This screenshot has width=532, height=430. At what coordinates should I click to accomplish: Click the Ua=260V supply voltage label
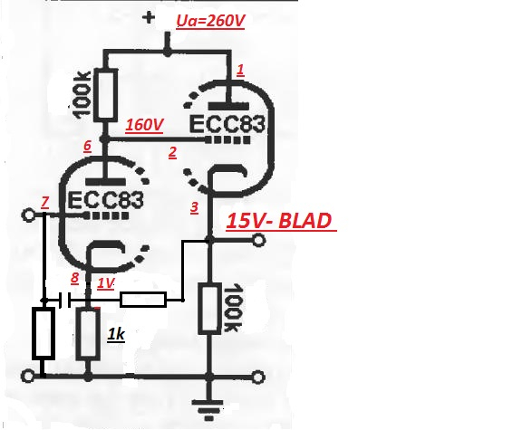point(210,21)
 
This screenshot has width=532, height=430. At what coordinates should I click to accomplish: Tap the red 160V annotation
point(144,125)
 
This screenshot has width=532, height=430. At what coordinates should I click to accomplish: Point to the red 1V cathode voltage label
point(106,283)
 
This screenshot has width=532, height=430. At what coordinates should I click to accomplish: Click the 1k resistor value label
point(116,335)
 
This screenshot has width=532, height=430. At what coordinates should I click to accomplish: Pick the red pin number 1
point(240,71)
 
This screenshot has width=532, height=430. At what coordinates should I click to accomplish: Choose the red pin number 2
point(173,153)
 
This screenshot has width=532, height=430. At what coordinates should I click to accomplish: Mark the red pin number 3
point(194,207)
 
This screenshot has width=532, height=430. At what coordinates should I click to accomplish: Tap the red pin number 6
point(88,147)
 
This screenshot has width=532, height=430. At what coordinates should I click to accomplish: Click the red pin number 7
point(44,203)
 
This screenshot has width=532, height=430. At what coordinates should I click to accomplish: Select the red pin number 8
point(74,278)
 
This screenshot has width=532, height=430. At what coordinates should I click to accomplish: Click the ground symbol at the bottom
point(209,409)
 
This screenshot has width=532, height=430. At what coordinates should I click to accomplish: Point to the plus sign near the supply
point(149,17)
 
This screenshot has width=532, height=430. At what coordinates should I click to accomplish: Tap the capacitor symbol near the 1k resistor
point(65,301)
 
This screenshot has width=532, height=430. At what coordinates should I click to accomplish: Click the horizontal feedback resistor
point(143,300)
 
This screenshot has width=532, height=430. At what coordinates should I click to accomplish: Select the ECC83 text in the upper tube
point(227,124)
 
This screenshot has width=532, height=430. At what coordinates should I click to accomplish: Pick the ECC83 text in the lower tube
point(106,201)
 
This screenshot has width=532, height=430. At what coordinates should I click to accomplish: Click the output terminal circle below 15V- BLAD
point(258,241)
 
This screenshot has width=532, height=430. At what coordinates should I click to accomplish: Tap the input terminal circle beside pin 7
point(27,215)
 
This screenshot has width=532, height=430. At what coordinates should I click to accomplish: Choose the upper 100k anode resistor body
point(105,95)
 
